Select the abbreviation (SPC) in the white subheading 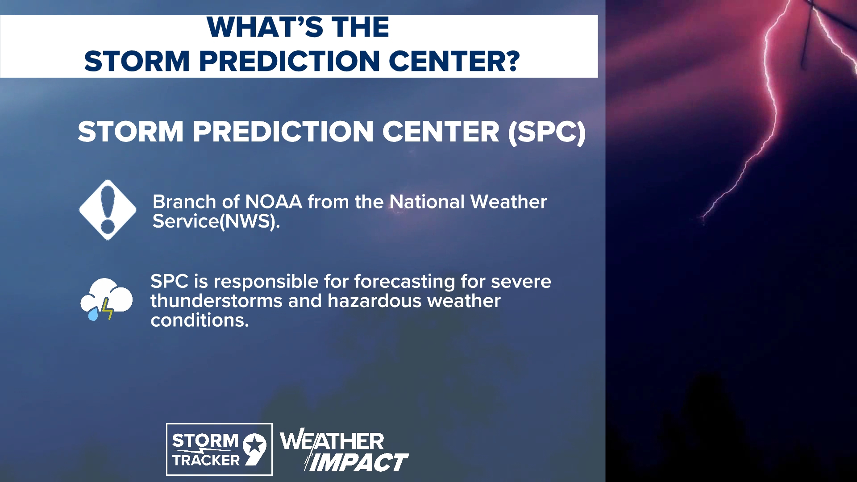tap(547, 132)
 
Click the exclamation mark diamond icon tap(108, 210)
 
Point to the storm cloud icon tap(107, 298)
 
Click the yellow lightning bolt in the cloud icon tap(107, 308)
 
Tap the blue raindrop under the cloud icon tap(93, 315)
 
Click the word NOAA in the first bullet tap(273, 202)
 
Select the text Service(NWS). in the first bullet tap(216, 221)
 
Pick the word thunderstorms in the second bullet tap(216, 301)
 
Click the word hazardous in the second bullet tap(374, 301)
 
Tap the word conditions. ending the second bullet tap(200, 320)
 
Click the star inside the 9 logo tap(255, 445)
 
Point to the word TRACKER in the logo tap(206, 460)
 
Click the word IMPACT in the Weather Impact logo tap(358, 462)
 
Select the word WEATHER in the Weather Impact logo tap(332, 441)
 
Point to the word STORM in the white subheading tap(130, 132)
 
